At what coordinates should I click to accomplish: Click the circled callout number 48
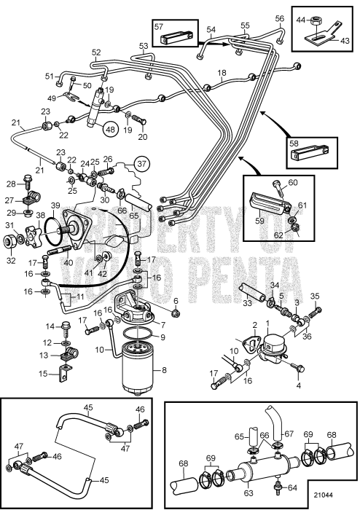tap(111, 129)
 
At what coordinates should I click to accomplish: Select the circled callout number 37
tap(142, 163)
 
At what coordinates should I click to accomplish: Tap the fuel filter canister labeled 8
tap(138, 369)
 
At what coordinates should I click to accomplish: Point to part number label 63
tap(248, 493)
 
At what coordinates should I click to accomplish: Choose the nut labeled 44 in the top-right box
tap(314, 21)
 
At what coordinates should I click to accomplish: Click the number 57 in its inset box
tap(159, 26)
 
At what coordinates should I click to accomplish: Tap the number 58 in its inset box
tap(294, 144)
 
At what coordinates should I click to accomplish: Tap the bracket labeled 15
tap(63, 374)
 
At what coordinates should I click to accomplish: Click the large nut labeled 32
tap(9, 242)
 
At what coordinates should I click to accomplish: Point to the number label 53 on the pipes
tap(144, 45)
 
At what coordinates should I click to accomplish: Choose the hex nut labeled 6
tap(176, 313)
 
